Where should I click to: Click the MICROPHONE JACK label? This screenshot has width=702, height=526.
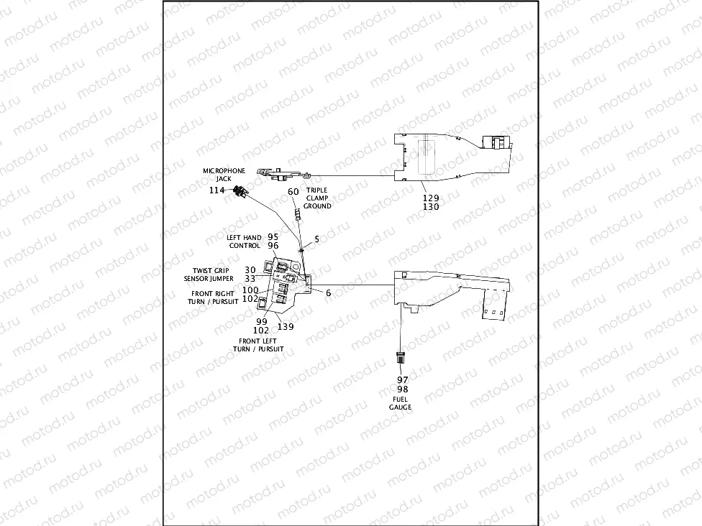point(224,175)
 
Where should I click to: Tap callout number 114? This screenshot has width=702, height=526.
point(217,190)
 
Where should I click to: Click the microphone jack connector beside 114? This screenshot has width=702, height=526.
point(240,191)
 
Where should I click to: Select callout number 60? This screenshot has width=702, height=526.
point(293,192)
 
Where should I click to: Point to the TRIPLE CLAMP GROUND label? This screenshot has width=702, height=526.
point(317,198)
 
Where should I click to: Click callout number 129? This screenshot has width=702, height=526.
point(430,197)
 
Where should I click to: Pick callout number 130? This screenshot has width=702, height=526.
point(430,207)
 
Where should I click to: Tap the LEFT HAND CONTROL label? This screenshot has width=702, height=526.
point(245,241)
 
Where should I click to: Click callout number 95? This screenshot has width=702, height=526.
point(273,236)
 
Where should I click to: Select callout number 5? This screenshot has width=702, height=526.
point(316,239)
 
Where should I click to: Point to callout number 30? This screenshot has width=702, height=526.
point(250,269)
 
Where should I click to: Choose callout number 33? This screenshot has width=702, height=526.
point(250,278)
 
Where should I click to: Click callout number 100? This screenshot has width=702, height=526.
point(250,290)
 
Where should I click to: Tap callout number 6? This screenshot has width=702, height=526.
point(328,293)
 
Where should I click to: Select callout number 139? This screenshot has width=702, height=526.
point(286,326)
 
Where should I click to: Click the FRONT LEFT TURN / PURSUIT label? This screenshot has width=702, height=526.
point(257,345)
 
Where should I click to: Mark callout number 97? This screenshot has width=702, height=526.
point(402,379)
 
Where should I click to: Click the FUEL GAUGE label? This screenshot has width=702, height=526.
point(401,402)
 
